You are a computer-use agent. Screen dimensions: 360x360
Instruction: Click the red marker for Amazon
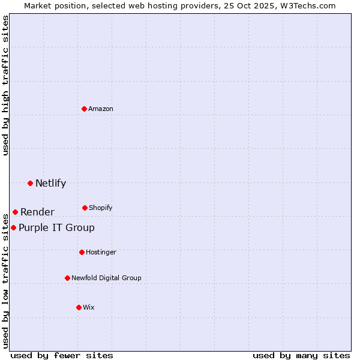(x=85, y=109)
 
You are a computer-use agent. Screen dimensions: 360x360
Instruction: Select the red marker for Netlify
(x=30, y=183)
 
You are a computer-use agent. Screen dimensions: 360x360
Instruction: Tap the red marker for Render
(x=15, y=212)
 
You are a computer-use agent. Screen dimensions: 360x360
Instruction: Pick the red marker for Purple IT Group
(x=13, y=227)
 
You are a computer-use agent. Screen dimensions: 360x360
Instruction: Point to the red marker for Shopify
(x=85, y=208)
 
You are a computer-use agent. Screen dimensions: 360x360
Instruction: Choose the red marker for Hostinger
(x=82, y=252)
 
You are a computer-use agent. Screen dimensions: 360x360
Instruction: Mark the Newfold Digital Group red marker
(x=67, y=278)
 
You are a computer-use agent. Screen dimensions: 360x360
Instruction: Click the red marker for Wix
(x=79, y=307)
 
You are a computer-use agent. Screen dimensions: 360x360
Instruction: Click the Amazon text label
(x=101, y=109)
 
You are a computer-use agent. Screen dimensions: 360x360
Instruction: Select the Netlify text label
(x=50, y=183)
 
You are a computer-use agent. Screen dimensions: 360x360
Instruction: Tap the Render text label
(x=37, y=212)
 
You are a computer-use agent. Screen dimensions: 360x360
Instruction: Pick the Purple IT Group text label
(x=56, y=227)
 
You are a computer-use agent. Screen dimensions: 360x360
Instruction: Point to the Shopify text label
(x=101, y=208)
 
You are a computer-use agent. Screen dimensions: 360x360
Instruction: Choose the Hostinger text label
(x=101, y=252)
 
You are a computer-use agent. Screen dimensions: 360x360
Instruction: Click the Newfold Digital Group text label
(x=106, y=278)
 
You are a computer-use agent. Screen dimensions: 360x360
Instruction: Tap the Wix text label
(x=89, y=307)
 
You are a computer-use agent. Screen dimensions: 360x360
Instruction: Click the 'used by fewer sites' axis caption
(x=62, y=355)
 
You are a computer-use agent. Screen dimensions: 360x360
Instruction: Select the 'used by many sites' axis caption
(x=301, y=355)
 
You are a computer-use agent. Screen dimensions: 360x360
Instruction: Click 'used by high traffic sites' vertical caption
(x=5, y=85)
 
